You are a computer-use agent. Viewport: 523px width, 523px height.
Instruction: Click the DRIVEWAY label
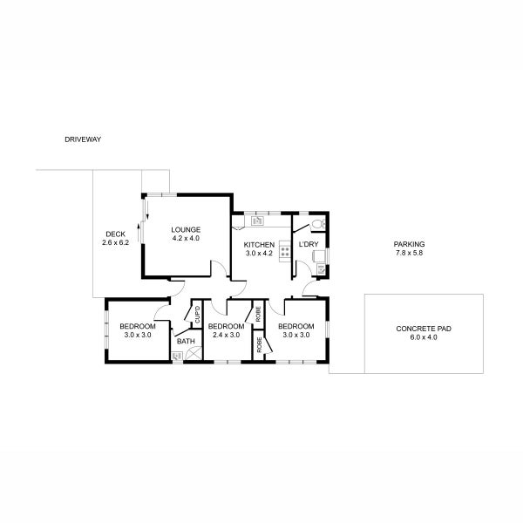tap(84, 139)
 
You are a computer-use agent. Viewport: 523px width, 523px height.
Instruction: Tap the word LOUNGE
tap(186, 229)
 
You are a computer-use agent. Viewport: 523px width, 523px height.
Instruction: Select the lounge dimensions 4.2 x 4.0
tap(186, 238)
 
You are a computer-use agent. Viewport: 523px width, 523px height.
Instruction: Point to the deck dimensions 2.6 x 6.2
tap(115, 242)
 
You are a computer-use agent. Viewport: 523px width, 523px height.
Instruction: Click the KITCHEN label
tap(259, 245)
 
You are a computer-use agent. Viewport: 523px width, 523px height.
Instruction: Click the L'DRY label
tap(308, 245)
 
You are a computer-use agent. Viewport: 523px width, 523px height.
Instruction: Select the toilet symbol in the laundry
tap(317, 225)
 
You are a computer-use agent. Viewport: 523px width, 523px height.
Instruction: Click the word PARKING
tap(409, 244)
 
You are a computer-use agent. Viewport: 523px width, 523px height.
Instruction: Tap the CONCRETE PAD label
tap(423, 329)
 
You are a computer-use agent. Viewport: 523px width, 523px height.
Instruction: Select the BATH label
tap(186, 342)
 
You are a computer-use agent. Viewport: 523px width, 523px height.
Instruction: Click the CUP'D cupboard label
tap(198, 315)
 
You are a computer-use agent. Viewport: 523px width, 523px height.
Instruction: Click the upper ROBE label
tap(259, 312)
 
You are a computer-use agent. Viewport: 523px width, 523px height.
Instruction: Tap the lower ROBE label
tap(259, 343)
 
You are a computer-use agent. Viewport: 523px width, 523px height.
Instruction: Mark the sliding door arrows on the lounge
tap(148, 209)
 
